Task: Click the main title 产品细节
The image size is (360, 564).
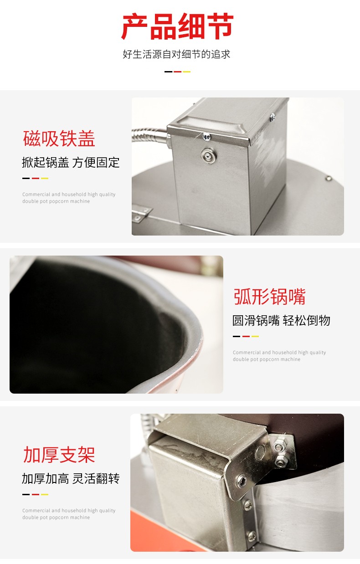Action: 177,26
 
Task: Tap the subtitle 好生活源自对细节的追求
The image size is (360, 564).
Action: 176,54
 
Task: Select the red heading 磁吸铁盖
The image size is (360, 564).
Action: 59,139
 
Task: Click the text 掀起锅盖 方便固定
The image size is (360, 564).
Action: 71,162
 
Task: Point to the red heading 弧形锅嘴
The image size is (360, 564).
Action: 269,297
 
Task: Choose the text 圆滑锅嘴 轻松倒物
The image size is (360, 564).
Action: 281,320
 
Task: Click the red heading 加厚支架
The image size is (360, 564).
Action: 59,455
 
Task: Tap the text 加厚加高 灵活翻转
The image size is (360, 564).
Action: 71,478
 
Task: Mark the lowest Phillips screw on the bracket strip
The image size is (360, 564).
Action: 251,535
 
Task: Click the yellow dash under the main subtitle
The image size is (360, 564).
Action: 186,72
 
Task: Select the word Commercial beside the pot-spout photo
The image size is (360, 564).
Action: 247,353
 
